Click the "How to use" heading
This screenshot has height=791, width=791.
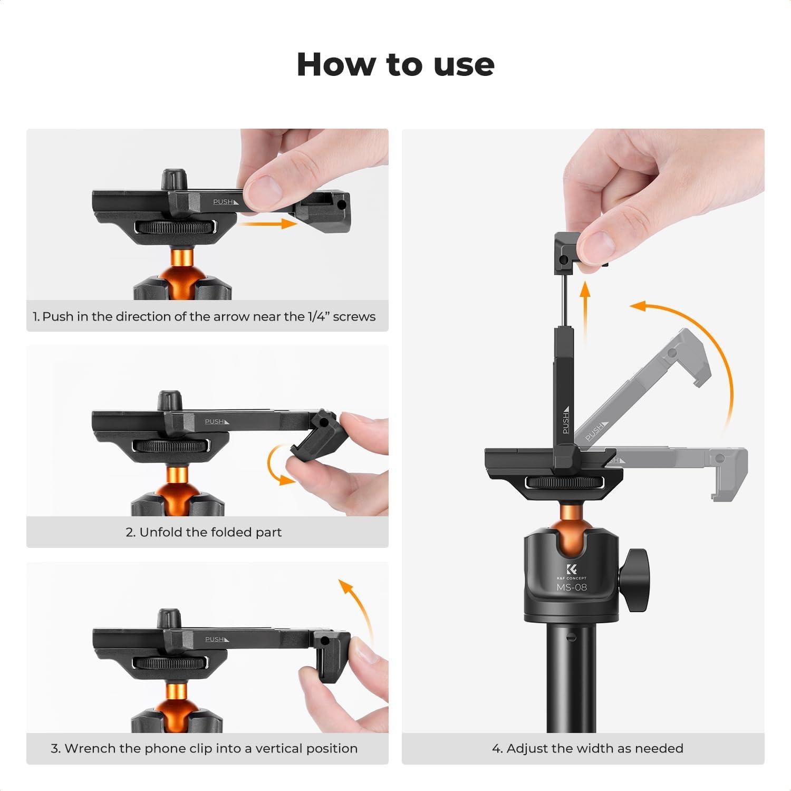(395, 64)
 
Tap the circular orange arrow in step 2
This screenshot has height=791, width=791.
(277, 467)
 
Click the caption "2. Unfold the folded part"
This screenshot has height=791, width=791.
(204, 532)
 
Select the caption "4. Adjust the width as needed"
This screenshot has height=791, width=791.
(587, 748)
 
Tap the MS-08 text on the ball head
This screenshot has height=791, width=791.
(571, 587)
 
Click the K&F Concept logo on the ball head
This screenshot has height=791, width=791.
(572, 570)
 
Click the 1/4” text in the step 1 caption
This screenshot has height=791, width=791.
(318, 316)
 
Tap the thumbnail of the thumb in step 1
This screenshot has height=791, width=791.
(262, 186)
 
